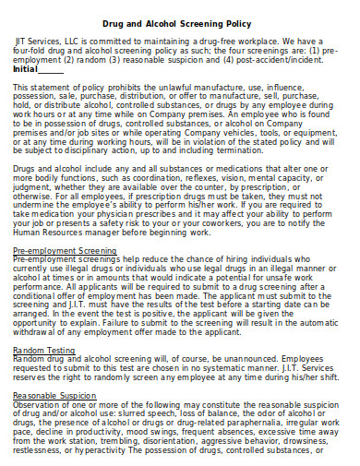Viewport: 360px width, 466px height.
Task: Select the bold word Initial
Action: point(26,69)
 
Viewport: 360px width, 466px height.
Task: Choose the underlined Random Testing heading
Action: point(38,351)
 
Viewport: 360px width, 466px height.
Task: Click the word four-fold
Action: point(30,53)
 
